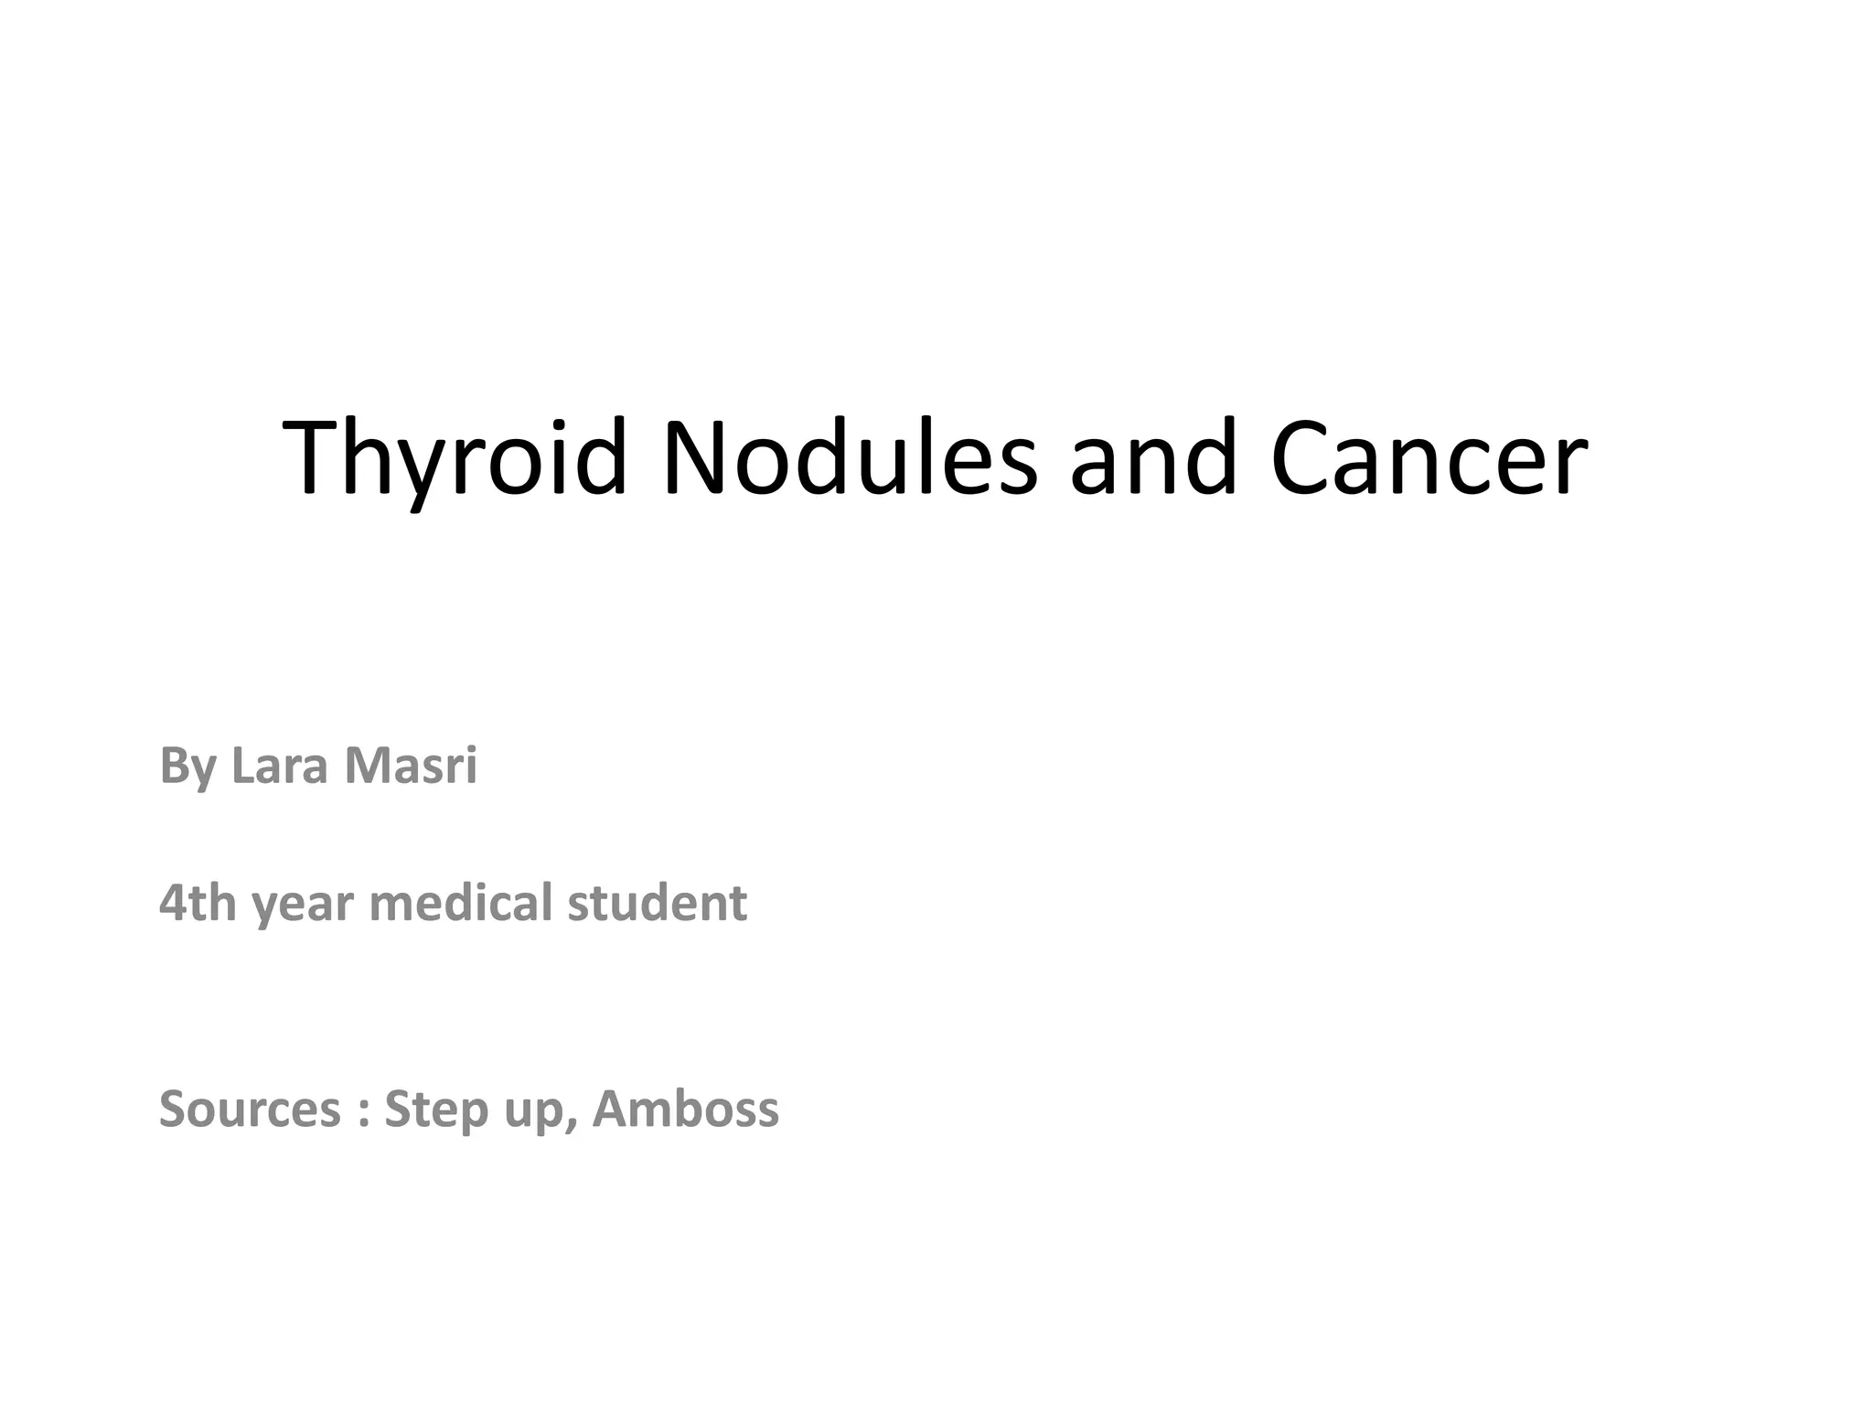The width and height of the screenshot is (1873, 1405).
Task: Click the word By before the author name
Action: pos(188,766)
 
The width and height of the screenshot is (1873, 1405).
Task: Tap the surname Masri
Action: pos(411,766)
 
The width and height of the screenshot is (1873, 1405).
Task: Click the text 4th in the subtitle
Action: pos(198,903)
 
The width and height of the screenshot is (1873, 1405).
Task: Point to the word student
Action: pos(657,903)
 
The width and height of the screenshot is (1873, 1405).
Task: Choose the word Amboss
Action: pos(686,1110)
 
